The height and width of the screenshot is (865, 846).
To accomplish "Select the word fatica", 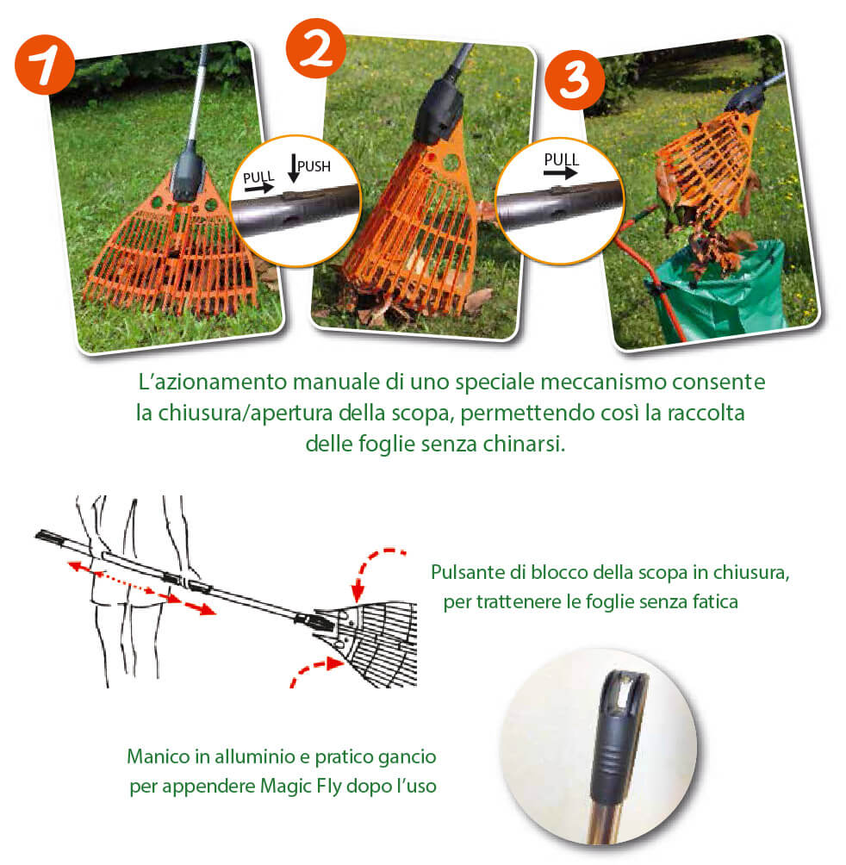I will point(711,601).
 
